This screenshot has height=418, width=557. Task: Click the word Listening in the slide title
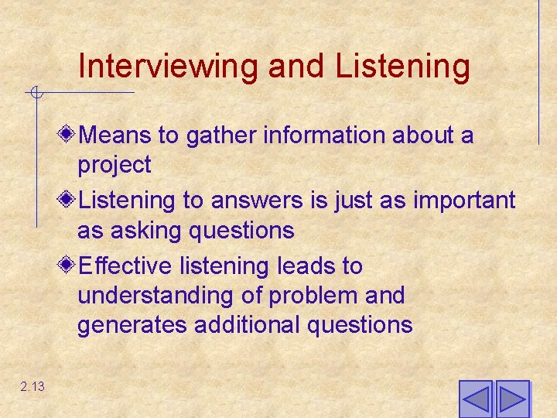402,67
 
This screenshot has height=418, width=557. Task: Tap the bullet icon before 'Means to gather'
68,135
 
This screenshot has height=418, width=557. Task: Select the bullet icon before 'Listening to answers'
68,200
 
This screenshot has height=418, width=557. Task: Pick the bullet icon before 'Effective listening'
68,266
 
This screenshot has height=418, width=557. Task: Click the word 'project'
114,165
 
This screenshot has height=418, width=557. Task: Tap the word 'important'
464,200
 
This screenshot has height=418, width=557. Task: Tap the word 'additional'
248,324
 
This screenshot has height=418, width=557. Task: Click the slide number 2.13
33,386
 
